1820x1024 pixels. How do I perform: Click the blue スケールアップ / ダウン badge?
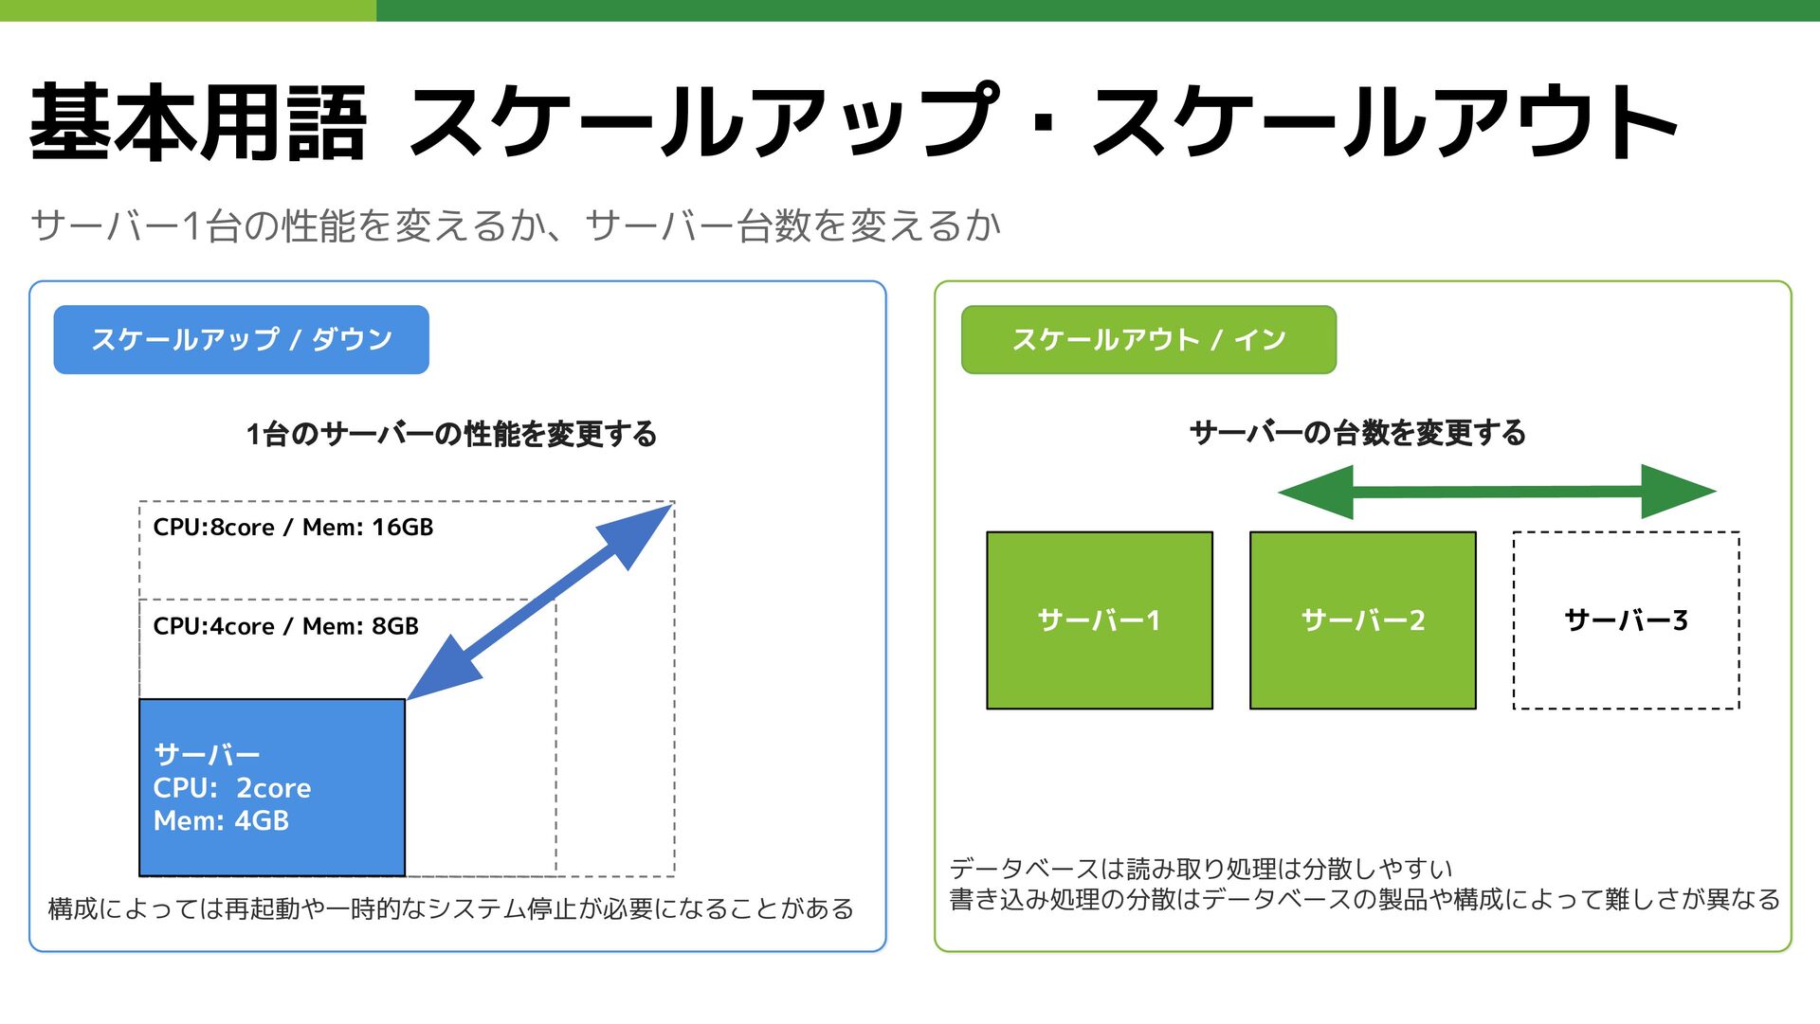[x=241, y=339]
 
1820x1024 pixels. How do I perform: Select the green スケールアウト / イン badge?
[x=1148, y=339]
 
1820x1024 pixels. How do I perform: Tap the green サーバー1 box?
[x=1100, y=620]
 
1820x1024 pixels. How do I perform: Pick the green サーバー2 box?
[x=1362, y=620]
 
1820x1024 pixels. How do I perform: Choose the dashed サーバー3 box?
[x=1626, y=620]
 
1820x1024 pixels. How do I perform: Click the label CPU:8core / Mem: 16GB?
[x=293, y=528]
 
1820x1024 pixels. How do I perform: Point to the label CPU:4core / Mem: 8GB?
[x=285, y=626]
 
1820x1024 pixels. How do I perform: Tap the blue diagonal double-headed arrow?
[x=539, y=602]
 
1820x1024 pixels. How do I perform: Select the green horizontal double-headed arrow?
[x=1497, y=492]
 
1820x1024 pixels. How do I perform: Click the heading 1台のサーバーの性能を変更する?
[x=451, y=434]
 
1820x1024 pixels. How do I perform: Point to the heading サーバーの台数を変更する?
[x=1357, y=433]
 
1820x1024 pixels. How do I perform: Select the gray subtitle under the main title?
[x=516, y=226]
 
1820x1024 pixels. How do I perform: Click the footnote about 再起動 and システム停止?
[x=450, y=908]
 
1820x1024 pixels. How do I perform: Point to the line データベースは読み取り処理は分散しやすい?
[x=1200, y=868]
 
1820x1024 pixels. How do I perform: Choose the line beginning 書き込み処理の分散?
[x=1364, y=899]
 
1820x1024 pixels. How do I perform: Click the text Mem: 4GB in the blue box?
[x=221, y=821]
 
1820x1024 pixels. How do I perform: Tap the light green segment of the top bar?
[x=188, y=10]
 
